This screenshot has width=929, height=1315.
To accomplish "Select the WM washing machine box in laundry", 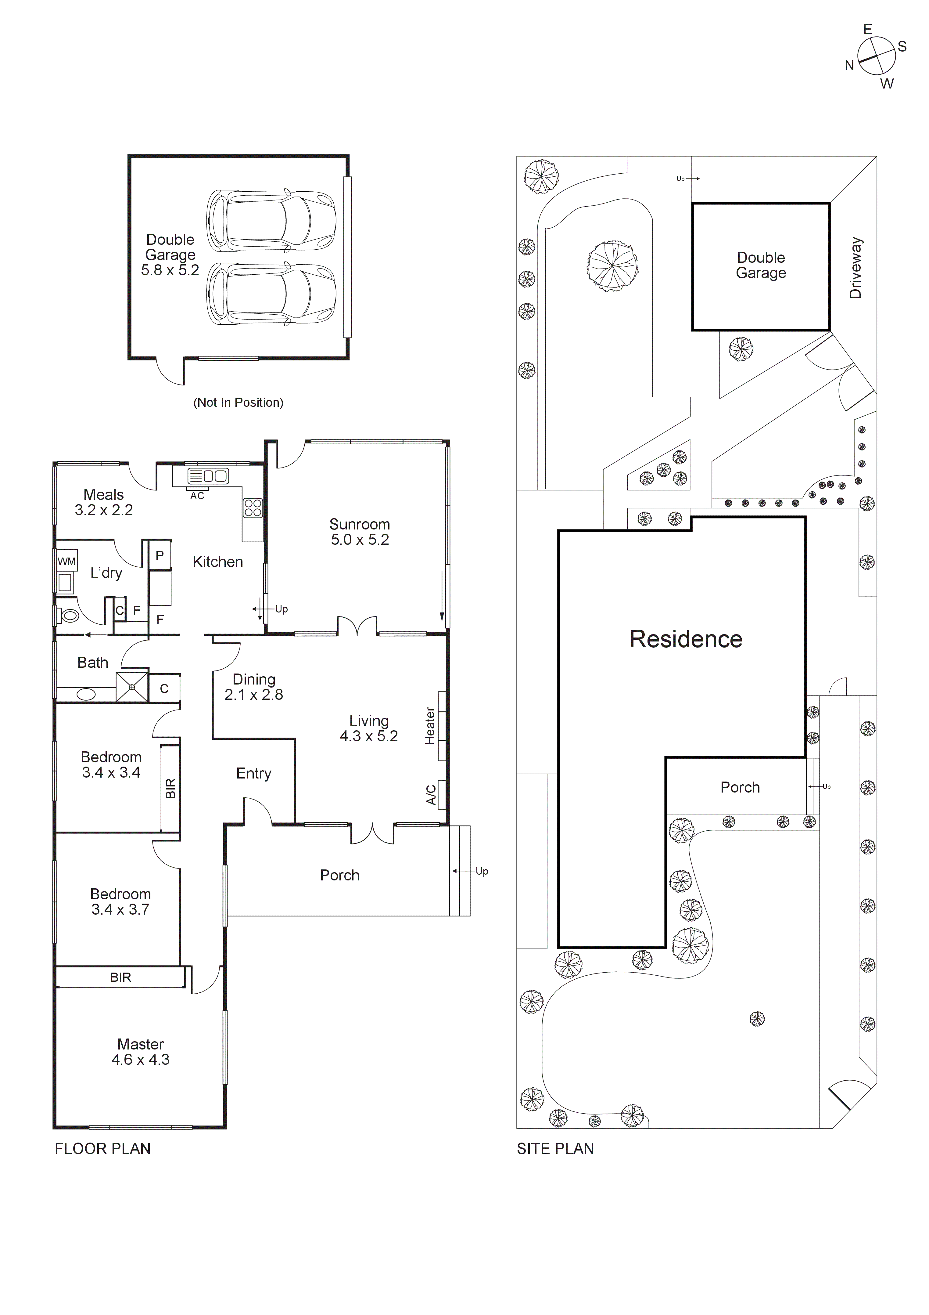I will pos(66,561).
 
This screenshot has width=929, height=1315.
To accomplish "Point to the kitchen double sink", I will pos(208,475).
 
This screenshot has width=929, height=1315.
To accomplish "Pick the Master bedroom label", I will pos(141,1044).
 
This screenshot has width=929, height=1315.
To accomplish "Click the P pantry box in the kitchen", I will pos(160,555).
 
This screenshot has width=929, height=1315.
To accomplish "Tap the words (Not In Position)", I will pos(238,403).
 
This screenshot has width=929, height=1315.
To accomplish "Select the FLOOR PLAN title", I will pos(102,1148).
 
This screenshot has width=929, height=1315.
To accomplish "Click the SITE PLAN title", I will pos(555,1148).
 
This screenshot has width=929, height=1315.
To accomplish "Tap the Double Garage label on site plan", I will pos(761,265).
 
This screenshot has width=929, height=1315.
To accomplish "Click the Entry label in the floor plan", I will pos(253,774).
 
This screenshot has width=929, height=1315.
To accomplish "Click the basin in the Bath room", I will pos(86,695).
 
